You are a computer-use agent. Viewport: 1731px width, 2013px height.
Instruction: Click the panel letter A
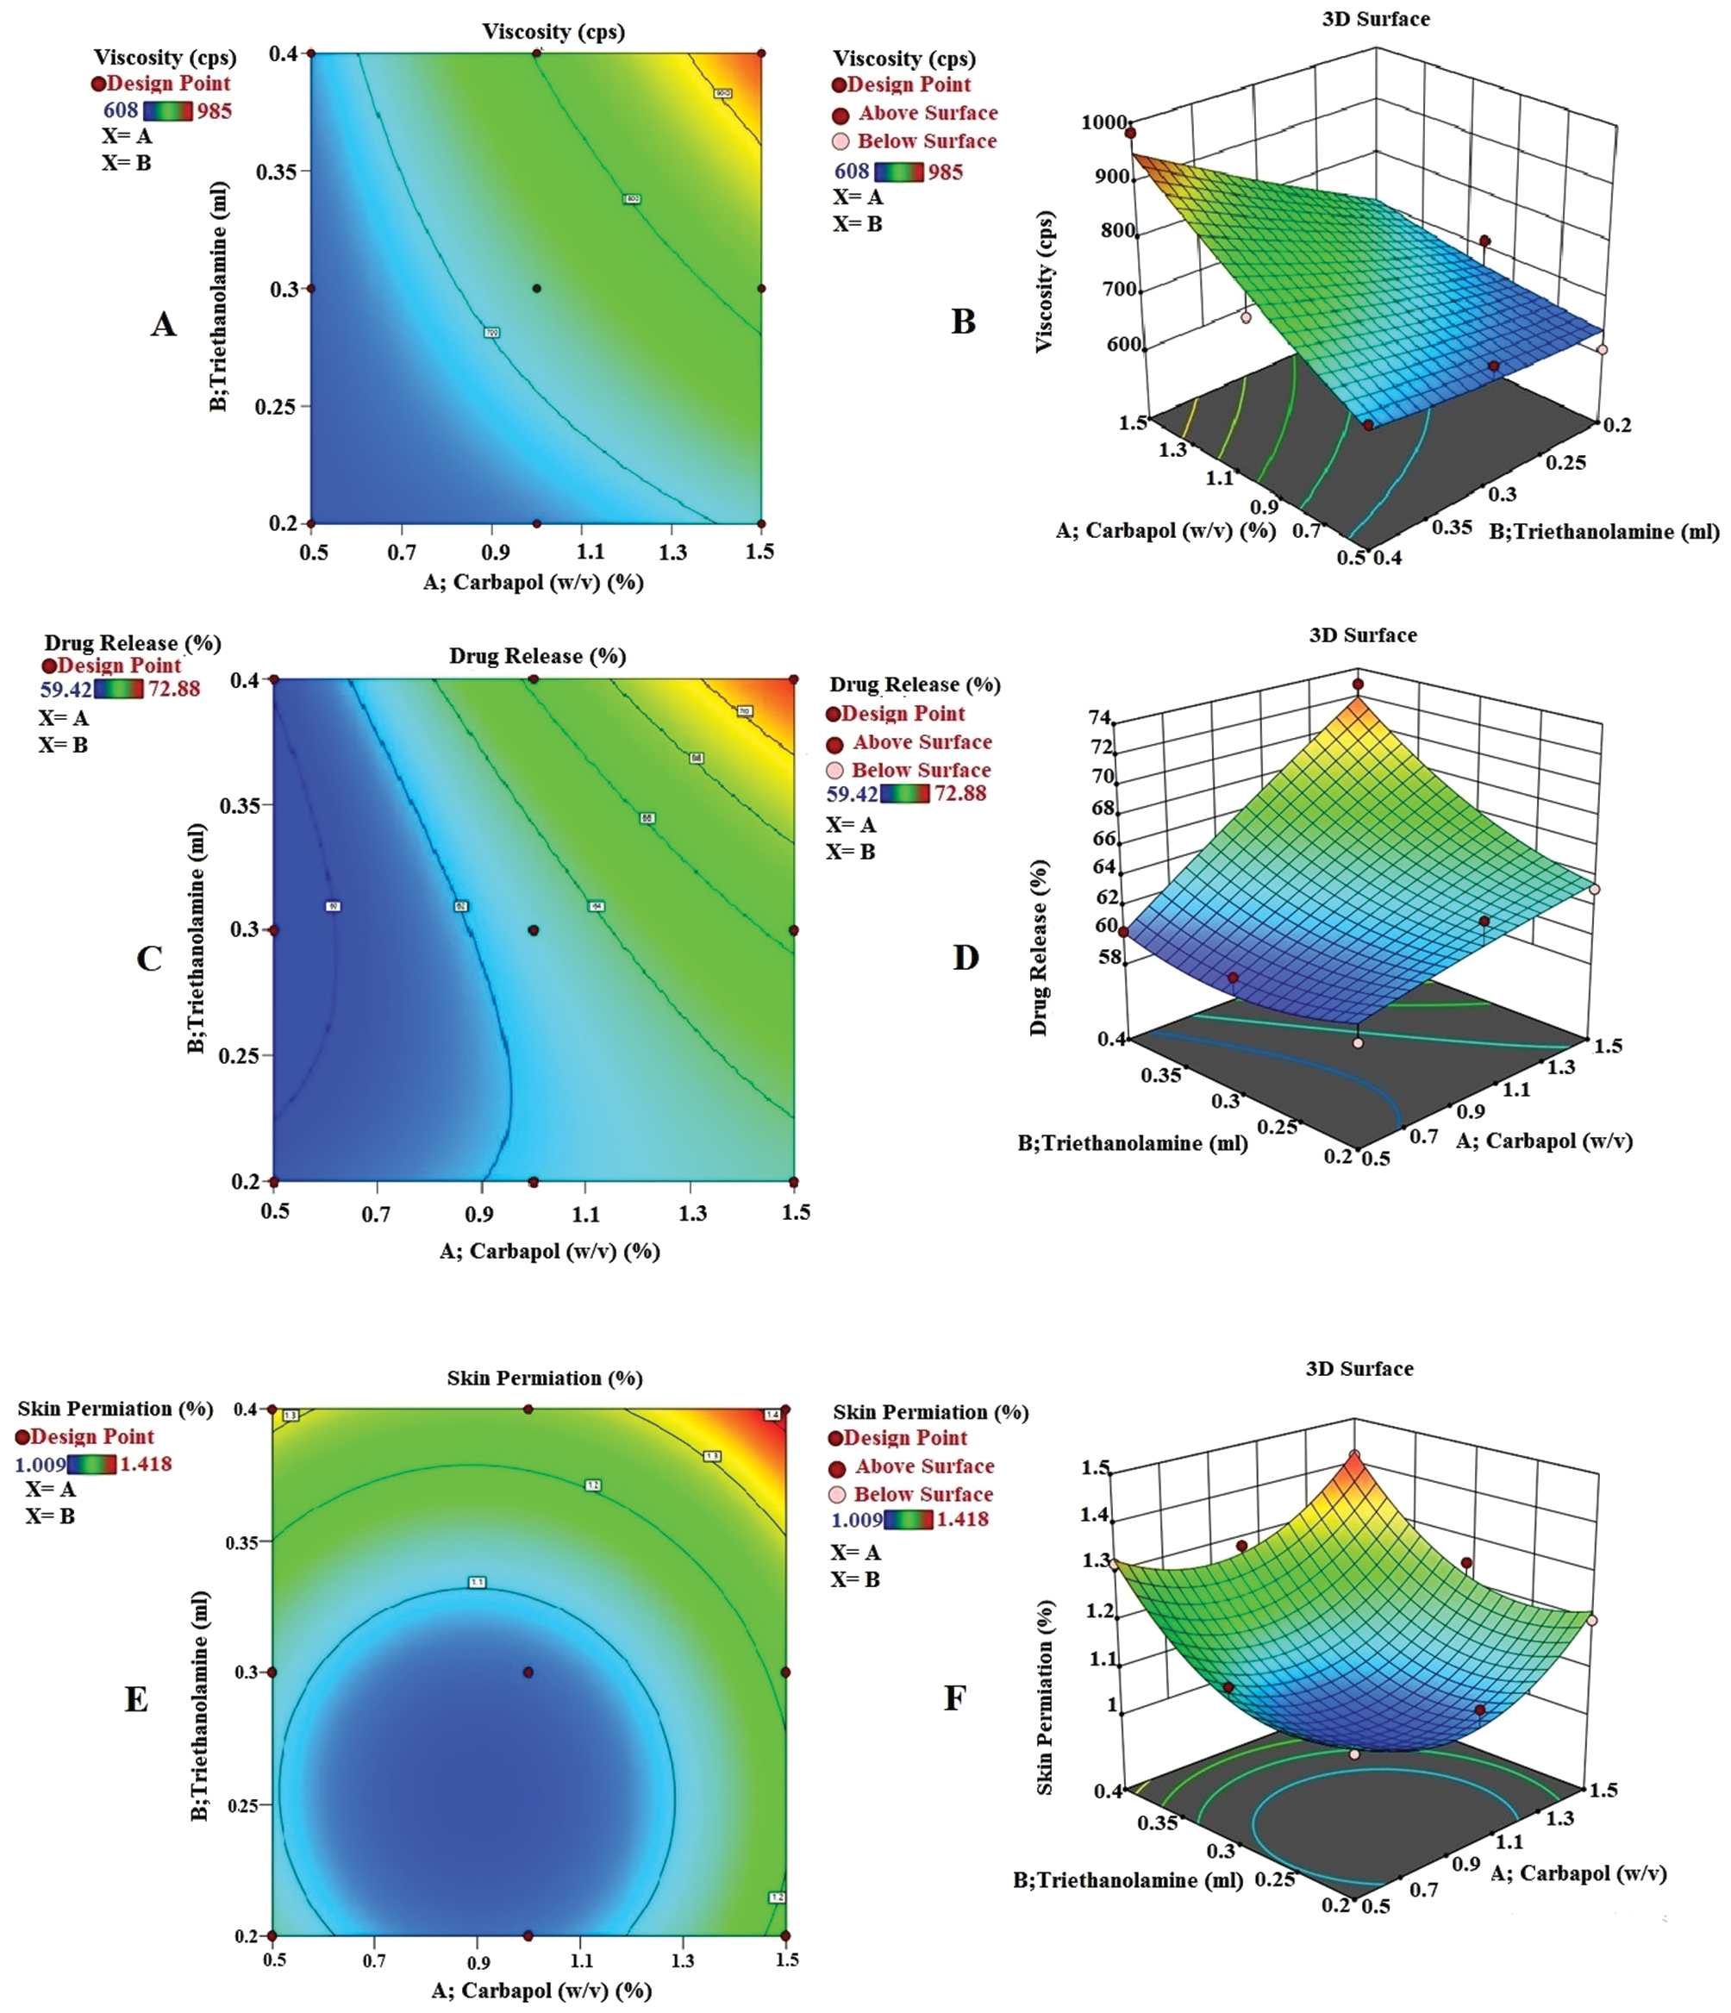163,323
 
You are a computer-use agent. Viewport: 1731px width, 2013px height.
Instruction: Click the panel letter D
965,958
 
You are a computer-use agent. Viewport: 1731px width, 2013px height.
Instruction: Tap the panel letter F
955,1698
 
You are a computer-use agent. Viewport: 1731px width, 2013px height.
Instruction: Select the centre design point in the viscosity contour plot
537,289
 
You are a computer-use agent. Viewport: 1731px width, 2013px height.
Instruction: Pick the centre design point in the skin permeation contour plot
528,1672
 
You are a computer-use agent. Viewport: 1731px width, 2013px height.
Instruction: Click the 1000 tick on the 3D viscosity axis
1103,122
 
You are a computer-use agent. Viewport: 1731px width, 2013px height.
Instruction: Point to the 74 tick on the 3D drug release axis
1101,718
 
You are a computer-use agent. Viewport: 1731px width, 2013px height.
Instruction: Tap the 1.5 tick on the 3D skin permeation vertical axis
1096,1467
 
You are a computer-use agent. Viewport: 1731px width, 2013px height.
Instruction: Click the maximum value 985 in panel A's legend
214,110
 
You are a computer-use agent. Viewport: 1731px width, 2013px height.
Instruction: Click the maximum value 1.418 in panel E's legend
146,1464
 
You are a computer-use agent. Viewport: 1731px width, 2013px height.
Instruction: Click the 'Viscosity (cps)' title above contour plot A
553,32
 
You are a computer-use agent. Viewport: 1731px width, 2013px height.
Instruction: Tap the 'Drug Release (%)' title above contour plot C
537,656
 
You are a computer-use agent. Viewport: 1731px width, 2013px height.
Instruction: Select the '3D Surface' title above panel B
1376,18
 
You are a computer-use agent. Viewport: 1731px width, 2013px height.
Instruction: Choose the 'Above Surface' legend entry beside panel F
925,1466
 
